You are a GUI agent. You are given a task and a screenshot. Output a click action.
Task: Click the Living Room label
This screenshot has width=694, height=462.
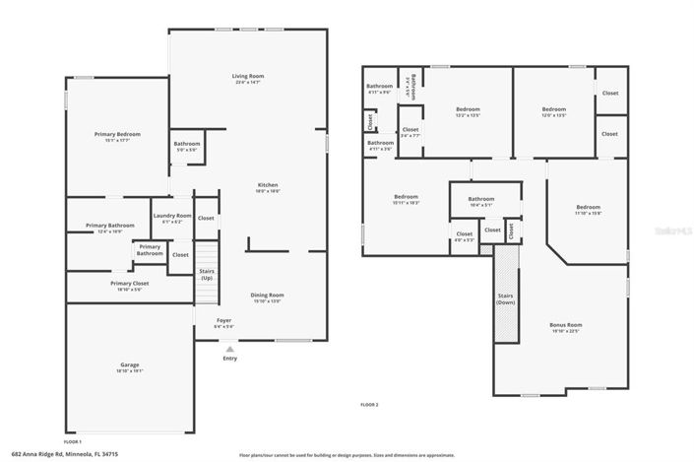click(247, 77)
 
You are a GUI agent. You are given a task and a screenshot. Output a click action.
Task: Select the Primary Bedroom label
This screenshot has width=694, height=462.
click(117, 135)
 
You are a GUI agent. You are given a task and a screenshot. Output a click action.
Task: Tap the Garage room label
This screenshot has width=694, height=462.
click(129, 365)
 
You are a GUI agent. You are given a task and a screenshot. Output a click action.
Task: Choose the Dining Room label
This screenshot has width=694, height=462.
click(267, 296)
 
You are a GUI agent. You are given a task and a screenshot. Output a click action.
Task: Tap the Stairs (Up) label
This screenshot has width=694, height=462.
click(207, 274)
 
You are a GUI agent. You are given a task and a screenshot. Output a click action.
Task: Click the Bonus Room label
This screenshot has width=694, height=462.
click(565, 325)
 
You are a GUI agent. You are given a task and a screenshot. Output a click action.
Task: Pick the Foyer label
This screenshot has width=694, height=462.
click(225, 321)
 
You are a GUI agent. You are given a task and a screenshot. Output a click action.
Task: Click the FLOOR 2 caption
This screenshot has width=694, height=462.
click(369, 405)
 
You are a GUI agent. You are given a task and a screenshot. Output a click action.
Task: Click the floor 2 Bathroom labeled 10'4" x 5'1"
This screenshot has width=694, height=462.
click(481, 200)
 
